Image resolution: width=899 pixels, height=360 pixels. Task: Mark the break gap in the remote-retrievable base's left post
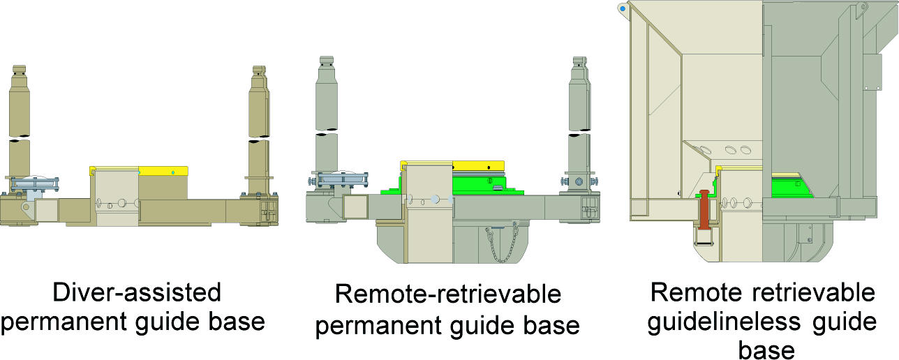tap(326, 133)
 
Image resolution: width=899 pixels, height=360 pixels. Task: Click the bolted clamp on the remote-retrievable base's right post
tap(579, 181)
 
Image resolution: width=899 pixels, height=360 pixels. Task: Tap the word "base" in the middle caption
tap(554, 325)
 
